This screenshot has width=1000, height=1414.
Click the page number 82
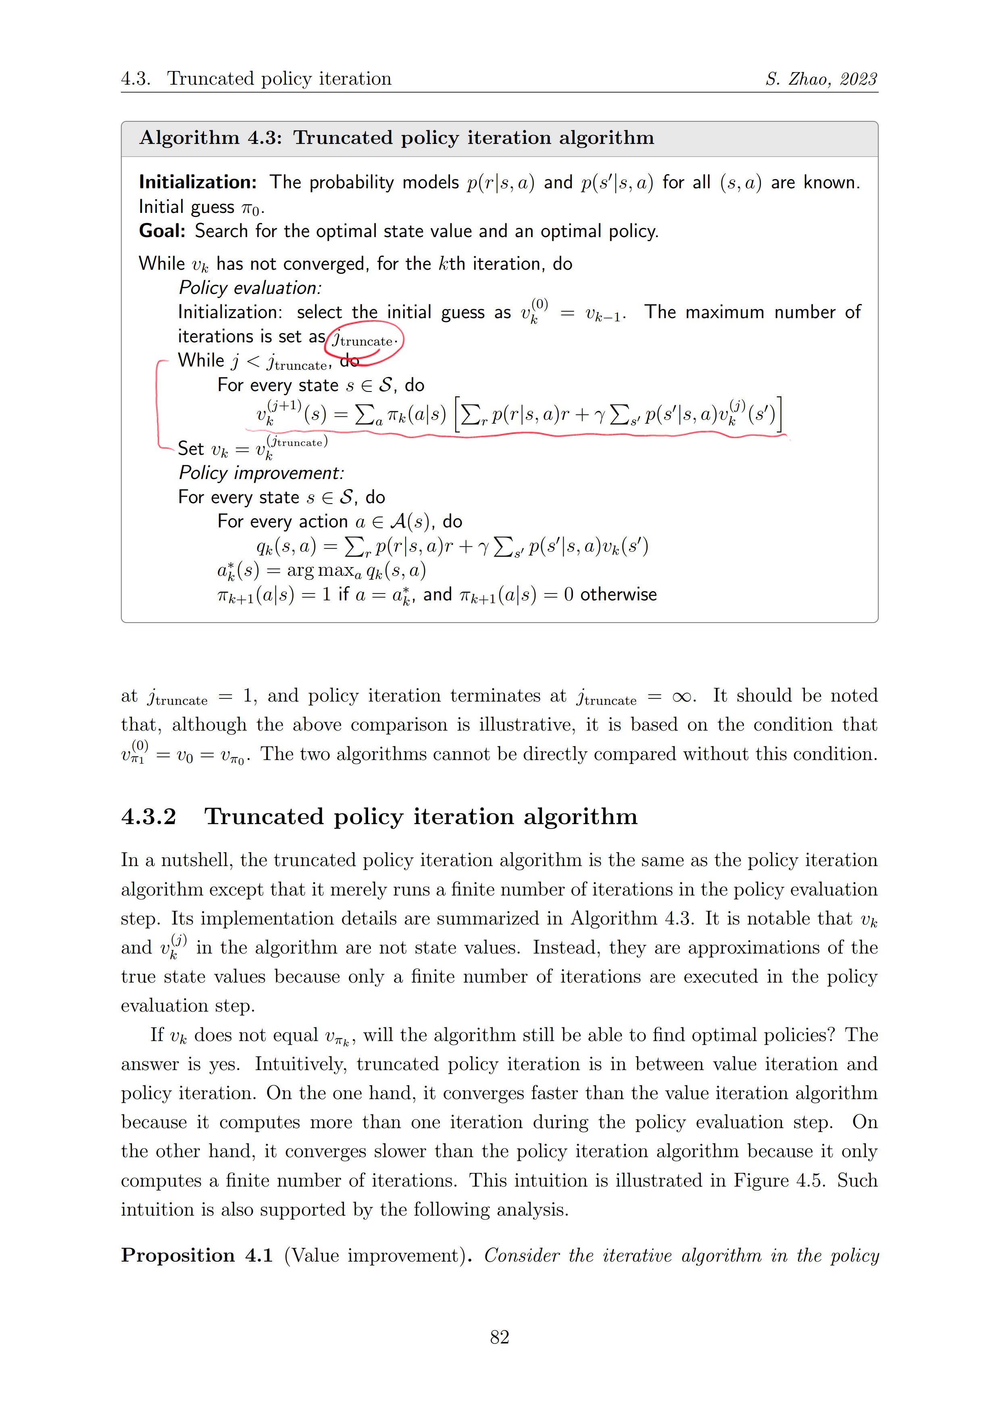pos(499,1337)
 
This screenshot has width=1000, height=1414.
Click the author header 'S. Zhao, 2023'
pos(821,79)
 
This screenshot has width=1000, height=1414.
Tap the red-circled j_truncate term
pos(364,340)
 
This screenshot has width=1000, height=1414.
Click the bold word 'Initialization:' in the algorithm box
pos(198,182)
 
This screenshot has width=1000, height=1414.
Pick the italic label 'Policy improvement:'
pos(261,473)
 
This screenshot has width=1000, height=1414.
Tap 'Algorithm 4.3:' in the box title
pos(210,137)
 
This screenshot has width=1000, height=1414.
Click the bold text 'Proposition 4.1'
pos(196,1255)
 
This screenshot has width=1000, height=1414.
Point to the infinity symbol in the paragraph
pos(681,697)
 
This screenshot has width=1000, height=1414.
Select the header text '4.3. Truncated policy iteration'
pos(256,79)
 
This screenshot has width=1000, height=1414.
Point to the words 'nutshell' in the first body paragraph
pos(196,860)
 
